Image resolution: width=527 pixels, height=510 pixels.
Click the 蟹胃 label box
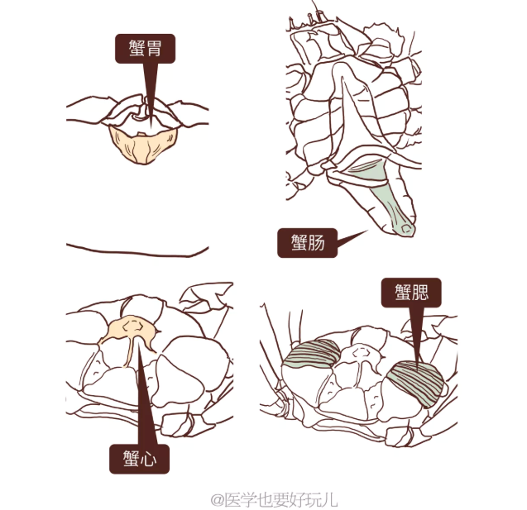[145, 49]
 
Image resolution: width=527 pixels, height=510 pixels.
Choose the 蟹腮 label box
[411, 292]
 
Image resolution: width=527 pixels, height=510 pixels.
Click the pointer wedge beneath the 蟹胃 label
[149, 91]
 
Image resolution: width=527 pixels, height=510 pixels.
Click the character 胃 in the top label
[156, 49]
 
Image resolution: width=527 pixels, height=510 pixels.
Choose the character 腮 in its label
[423, 292]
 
